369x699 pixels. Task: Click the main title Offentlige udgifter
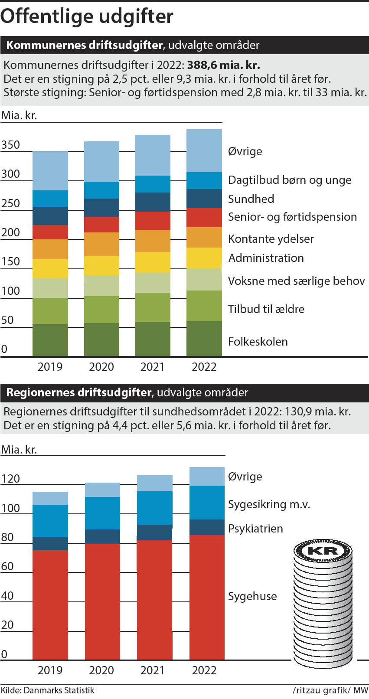click(87, 16)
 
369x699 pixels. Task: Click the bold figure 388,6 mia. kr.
click(223, 65)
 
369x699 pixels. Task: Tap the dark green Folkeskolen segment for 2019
click(50, 340)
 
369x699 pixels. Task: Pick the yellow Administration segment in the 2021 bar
click(153, 262)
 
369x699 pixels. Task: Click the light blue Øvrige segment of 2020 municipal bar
click(101, 161)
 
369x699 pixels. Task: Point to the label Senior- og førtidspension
click(292, 217)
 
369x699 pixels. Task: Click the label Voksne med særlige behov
click(297, 281)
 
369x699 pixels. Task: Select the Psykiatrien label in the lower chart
click(255, 529)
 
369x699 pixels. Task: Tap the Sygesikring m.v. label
click(269, 504)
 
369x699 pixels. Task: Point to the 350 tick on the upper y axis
click(10, 145)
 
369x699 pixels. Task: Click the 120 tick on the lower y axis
click(10, 479)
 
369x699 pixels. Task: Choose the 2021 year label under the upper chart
click(153, 367)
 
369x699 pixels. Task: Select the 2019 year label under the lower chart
click(50, 670)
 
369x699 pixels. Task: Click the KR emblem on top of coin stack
click(323, 551)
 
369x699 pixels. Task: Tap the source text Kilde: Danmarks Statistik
click(48, 690)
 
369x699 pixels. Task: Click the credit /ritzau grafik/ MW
click(330, 690)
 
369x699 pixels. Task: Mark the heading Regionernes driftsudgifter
click(78, 392)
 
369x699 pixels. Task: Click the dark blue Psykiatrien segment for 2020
click(102, 536)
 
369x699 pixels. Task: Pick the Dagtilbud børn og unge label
click(290, 180)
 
